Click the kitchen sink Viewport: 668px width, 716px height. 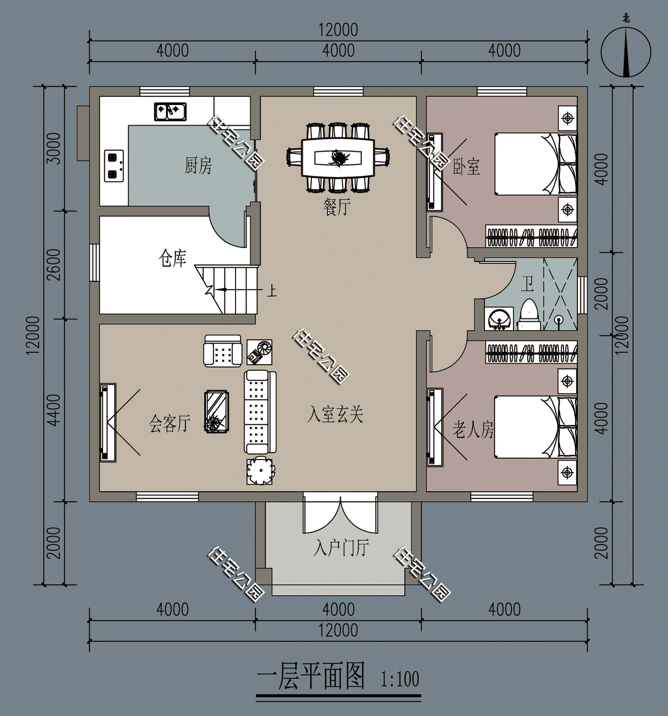coord(170,112)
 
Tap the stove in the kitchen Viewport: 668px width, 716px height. coord(114,166)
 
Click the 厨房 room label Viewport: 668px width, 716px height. coord(198,166)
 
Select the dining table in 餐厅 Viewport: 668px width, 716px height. coord(338,157)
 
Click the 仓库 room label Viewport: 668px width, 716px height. coord(172,259)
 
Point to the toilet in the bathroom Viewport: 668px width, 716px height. coord(528,315)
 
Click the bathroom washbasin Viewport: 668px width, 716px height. coord(499,318)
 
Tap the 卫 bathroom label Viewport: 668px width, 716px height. coord(527,284)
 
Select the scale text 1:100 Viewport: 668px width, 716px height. coord(400,679)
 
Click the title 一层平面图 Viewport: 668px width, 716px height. coord(311,676)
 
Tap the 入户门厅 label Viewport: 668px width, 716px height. coord(341,548)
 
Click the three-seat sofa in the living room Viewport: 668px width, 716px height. coord(260,411)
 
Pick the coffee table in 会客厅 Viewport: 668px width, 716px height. coord(216,411)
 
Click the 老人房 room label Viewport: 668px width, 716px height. coord(473,431)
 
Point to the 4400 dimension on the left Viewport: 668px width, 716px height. coord(55,410)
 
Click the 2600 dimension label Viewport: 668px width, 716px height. coord(55,264)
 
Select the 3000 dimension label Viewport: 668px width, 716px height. coord(55,148)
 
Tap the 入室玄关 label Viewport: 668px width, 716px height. coord(335,414)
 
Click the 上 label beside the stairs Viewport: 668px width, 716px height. coord(272,291)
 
